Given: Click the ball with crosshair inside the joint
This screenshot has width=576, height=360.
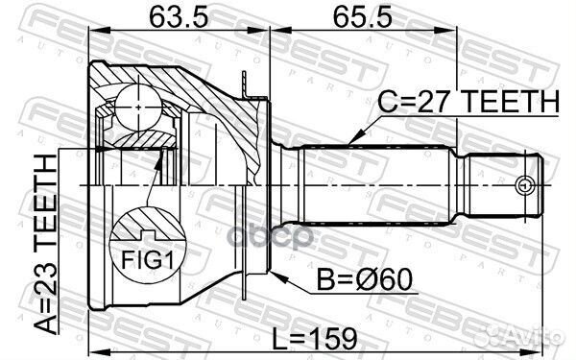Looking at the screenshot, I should coord(140,100).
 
